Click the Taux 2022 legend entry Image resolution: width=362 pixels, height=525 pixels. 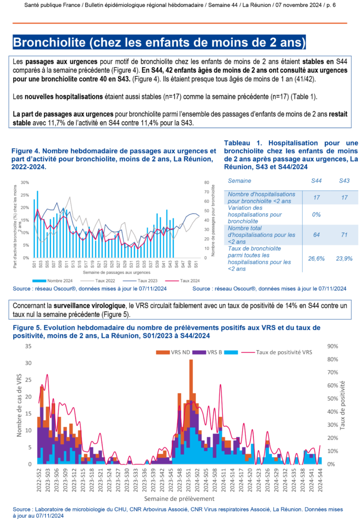pyautogui.click(x=103, y=281)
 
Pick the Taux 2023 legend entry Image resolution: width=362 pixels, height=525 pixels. pyautogui.click(x=142, y=281)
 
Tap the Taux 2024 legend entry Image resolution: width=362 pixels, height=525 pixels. pyautogui.click(x=185, y=281)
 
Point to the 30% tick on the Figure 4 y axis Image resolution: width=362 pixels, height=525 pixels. pyautogui.click(x=25, y=183)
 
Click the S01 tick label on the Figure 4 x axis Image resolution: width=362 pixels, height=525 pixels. pyautogui.click(x=34, y=262)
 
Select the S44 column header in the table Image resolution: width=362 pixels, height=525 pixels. pyautogui.click(x=316, y=181)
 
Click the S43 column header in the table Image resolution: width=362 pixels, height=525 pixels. pyautogui.click(x=344, y=181)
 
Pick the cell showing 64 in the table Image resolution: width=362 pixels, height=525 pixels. pyautogui.click(x=316, y=235)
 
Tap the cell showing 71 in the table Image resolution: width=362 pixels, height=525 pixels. pyautogui.click(x=344, y=235)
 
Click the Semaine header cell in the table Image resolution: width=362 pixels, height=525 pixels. pyautogui.click(x=240, y=181)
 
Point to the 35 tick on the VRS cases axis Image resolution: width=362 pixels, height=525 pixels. pyautogui.click(x=28, y=346)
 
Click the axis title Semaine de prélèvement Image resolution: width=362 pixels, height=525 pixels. pyautogui.click(x=179, y=498)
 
